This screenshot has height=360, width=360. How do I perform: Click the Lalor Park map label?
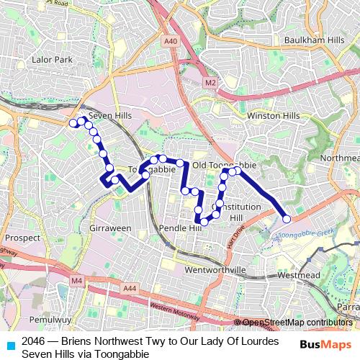coord(53,60)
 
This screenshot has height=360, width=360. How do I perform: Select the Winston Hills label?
coord(273,115)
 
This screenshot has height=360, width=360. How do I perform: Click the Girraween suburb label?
coord(110,228)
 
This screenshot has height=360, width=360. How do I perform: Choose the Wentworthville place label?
coord(215,269)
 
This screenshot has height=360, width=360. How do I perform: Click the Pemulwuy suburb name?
coord(50,318)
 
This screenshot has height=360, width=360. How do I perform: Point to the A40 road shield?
coord(171,42)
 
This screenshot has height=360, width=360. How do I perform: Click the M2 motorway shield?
coord(210,83)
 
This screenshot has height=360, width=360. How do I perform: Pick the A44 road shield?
coord(130,288)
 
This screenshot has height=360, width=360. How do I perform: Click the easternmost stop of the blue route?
coord(287,219)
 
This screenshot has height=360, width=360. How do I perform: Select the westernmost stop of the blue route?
coord(73,124)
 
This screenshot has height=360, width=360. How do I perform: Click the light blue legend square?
coord(10,345)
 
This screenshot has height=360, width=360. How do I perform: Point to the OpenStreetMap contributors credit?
coord(297,323)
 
